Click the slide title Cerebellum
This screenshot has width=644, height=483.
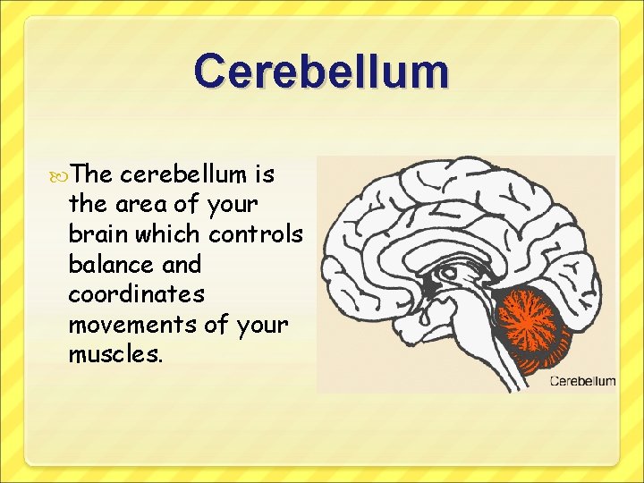pos(321,72)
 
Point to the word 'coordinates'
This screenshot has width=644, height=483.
pos(136,294)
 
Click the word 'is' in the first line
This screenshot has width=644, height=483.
pos(262,174)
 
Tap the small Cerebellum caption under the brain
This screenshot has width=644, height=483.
pos(582,381)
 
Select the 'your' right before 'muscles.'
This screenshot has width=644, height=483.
pos(262,326)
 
